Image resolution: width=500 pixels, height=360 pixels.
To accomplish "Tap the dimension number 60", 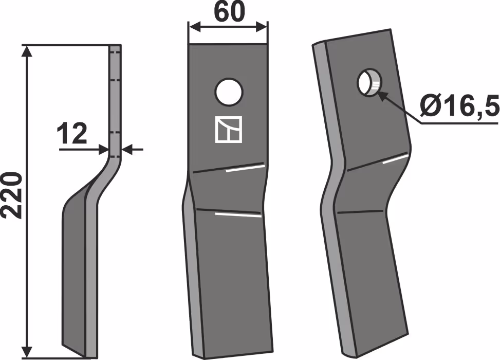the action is point(229,12).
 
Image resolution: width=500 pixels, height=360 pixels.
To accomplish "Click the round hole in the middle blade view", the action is point(229,92).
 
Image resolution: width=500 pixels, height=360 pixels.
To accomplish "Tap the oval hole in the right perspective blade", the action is point(369,82).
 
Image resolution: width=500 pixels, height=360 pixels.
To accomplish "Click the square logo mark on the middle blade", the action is point(229,129).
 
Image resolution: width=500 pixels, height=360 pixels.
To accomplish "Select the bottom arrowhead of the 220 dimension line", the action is point(27,351).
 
